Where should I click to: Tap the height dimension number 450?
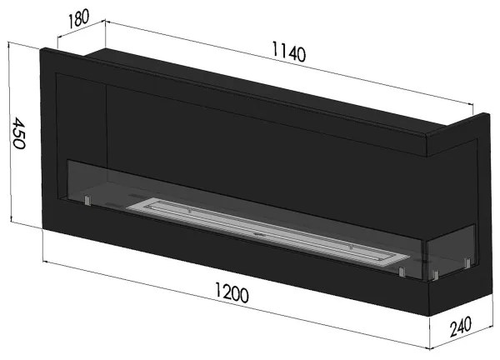(x=17, y=132)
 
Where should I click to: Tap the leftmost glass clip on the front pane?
(x=86, y=201)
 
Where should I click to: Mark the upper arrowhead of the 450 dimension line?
(x=10, y=47)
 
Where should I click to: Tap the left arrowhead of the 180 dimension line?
(x=59, y=41)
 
